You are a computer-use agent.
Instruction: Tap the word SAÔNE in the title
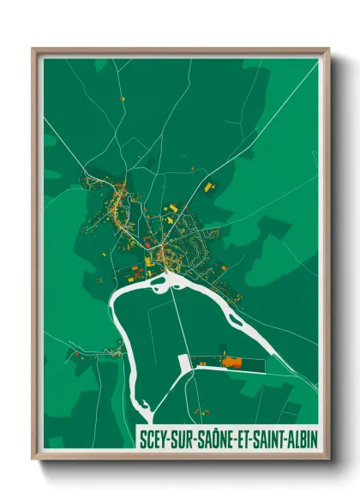pos(210,437)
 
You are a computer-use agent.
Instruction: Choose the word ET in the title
pos(237,437)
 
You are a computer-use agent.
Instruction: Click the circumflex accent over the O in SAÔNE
pos(211,429)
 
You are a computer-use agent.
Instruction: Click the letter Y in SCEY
pos(163,437)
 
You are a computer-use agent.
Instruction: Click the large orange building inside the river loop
pos(231,361)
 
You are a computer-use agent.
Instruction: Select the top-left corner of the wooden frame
pos(33,49)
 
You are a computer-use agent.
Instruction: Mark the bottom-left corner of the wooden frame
pos(33,458)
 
